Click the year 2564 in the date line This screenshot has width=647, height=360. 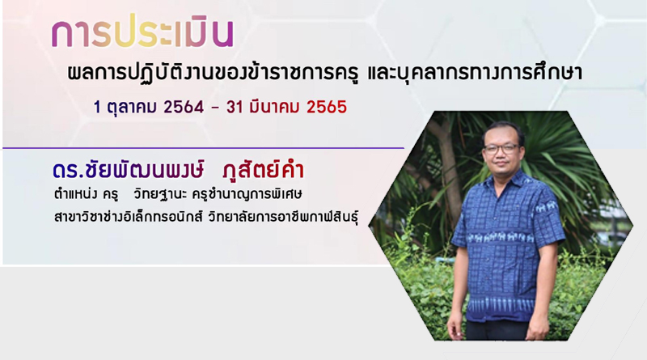[x=184, y=108]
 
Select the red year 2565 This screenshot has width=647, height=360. [x=327, y=108]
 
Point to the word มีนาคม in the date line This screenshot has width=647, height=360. [x=275, y=107]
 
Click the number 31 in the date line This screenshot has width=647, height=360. [x=235, y=108]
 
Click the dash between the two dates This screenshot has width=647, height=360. [x=214, y=108]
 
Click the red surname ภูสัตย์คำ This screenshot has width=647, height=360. [x=262, y=170]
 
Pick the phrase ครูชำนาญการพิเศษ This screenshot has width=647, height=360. [x=247, y=193]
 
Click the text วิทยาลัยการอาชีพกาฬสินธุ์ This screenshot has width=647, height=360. [x=283, y=217]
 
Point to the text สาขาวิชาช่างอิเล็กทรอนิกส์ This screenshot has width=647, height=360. [x=129, y=217]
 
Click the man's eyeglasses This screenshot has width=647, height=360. [x=501, y=149]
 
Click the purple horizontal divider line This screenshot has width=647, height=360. [x=204, y=148]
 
